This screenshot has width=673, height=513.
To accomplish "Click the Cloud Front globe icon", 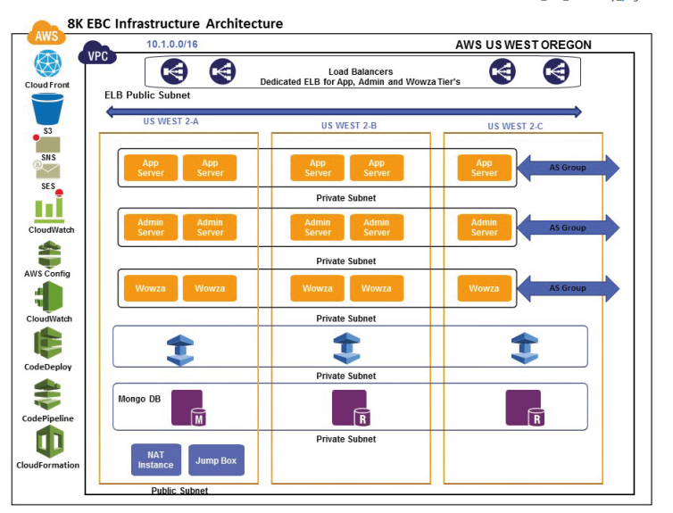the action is pos(47,63).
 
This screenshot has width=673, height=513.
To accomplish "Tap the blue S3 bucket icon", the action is pos(47,110).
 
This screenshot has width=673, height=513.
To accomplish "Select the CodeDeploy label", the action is pos(47,367).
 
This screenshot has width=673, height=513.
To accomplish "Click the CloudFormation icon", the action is pos(50,443).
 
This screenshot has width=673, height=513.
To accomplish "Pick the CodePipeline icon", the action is pos(47,394).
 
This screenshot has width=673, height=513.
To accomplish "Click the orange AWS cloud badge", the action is pos(46,34).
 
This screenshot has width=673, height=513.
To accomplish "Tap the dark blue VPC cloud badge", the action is pos(97,54).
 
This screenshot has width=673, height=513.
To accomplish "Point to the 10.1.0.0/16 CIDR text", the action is pos(172,44).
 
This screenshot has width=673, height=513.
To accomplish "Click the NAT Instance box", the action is pos(156,459).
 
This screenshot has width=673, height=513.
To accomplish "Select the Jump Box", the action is pos(216,460).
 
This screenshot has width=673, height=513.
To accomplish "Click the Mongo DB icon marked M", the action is pos(189,408).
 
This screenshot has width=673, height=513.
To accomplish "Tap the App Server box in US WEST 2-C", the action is pos(484,168).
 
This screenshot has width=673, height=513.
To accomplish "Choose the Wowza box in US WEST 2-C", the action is pos(484,288).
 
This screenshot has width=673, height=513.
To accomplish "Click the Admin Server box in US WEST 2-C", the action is pos(484,228).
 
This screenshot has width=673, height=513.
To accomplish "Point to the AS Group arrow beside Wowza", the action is pos(568,288).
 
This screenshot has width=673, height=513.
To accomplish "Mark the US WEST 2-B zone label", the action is pos(349,126).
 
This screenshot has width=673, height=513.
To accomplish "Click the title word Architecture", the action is pos(245,23).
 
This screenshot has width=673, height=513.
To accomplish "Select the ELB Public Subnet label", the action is pos(147,95).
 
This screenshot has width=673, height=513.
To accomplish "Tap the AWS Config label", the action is pos(47,274).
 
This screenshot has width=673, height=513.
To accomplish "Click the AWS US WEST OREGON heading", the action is pos(523,45).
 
